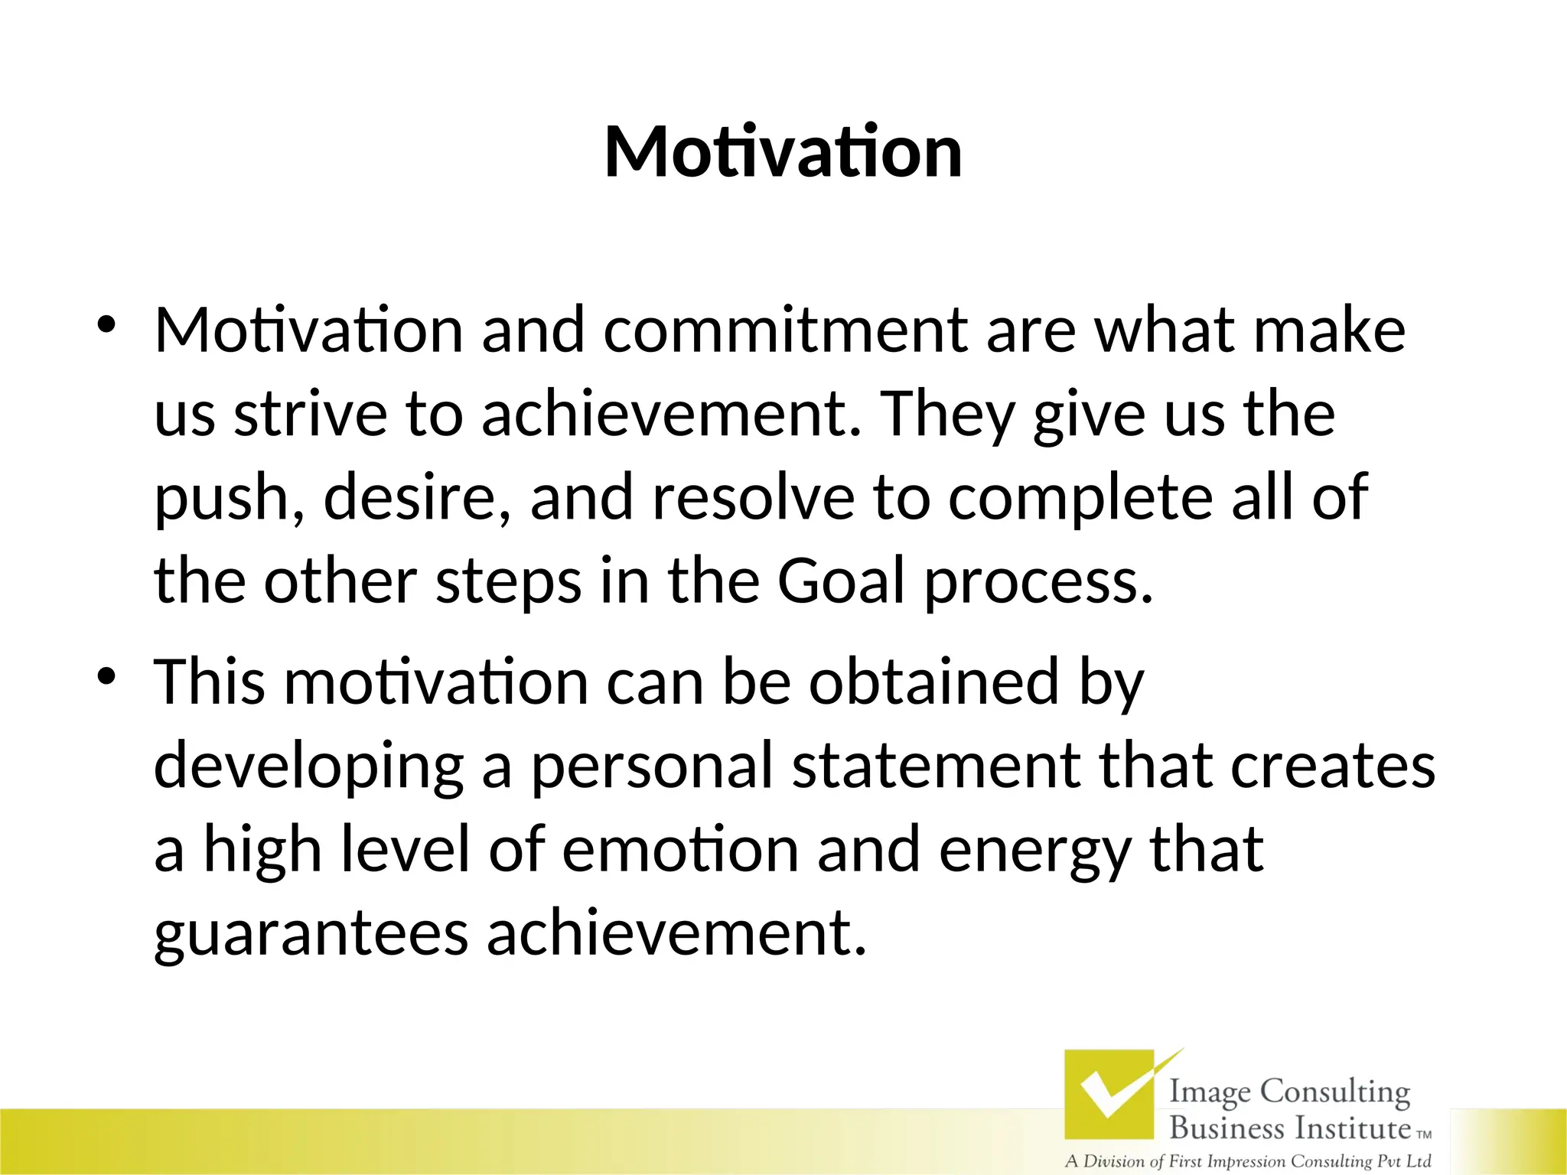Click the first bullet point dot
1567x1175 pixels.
106,324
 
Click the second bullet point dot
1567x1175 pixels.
106,676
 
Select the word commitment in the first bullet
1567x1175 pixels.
785,330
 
